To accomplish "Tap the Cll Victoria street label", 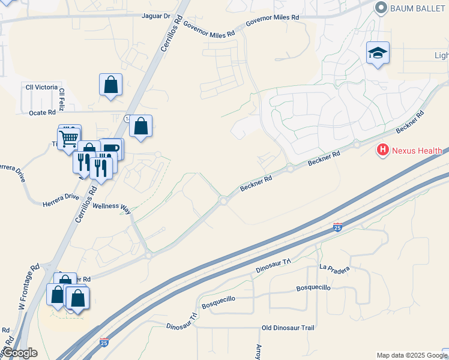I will point(41,87).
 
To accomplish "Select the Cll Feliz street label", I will point(62,99).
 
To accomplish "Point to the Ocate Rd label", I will point(42,112).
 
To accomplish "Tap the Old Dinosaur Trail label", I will point(288,328).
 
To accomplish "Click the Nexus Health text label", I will point(418,150).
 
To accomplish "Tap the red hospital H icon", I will point(382,150).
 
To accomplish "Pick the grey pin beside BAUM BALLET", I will point(380,7).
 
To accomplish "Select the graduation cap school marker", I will point(378,53).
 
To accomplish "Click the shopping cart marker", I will point(69,139).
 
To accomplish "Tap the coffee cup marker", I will point(112,148).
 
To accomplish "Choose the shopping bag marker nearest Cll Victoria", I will point(111,85).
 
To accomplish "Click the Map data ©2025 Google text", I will point(412,355).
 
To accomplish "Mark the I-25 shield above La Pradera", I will point(337,227).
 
